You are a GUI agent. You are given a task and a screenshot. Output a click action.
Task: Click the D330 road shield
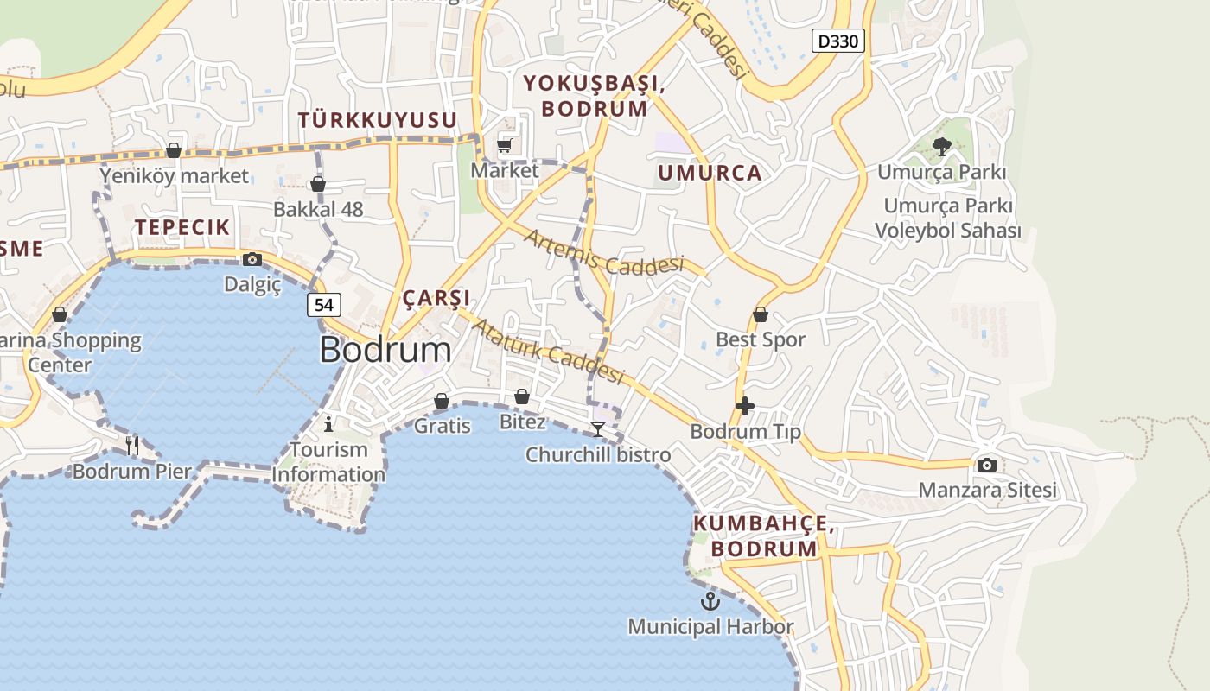[x=838, y=41]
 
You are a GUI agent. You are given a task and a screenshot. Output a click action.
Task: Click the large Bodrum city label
[x=385, y=350]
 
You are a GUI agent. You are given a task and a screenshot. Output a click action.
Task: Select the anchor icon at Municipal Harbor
[x=710, y=601]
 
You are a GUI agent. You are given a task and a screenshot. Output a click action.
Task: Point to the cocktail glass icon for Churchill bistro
[x=597, y=429]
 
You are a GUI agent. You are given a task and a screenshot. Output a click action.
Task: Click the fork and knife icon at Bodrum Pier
[x=132, y=446]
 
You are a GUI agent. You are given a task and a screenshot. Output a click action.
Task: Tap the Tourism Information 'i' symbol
[x=328, y=424]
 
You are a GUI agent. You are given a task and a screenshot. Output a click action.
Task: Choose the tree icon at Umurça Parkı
[x=942, y=147]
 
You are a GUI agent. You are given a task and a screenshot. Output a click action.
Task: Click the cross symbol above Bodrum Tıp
[x=745, y=406]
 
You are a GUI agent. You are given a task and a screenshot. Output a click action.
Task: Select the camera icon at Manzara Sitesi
[x=986, y=466]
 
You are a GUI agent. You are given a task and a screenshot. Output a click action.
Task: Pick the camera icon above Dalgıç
[x=252, y=259]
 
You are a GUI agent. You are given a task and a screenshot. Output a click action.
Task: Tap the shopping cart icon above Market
[x=505, y=145]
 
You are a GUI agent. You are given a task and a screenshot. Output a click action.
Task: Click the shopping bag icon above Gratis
[x=442, y=401]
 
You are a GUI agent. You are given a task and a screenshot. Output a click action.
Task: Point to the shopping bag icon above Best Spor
[x=761, y=314]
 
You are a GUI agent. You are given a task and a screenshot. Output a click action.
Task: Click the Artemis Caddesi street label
[x=603, y=253]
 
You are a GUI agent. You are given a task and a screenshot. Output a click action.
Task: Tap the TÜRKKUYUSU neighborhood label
[x=377, y=120]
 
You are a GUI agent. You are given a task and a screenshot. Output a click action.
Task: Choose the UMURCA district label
[x=710, y=173]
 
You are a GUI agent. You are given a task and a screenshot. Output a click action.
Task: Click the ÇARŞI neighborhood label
[x=436, y=298]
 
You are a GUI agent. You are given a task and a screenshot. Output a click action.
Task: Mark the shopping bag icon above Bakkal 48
[x=318, y=184]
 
